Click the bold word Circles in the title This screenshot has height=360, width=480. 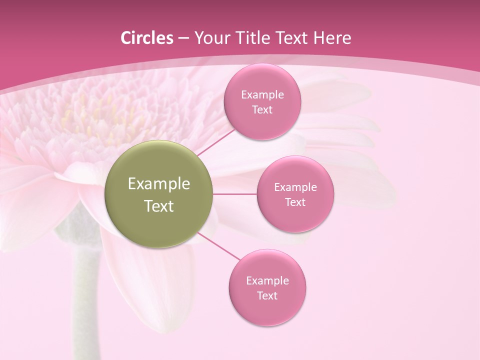(147, 38)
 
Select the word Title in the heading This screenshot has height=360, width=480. (255, 38)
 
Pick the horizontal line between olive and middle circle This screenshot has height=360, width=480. (235, 194)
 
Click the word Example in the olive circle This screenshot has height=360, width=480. (159, 184)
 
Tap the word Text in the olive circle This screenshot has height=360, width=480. (159, 206)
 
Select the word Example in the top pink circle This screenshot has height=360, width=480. (262, 95)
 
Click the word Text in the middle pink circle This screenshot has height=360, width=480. (295, 202)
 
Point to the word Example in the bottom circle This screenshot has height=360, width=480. (267, 281)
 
